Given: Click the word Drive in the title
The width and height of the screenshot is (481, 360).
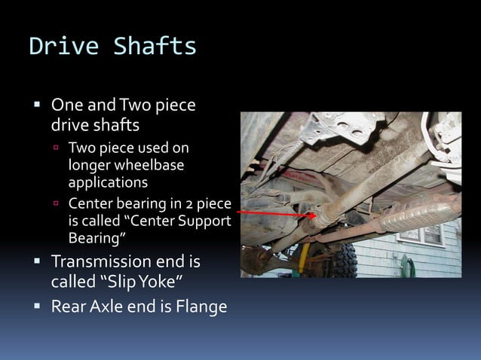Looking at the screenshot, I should [x=64, y=47].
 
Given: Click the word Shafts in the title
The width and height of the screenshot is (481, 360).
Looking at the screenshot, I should [x=155, y=47].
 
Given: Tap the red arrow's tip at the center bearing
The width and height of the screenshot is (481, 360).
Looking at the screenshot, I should [x=311, y=216].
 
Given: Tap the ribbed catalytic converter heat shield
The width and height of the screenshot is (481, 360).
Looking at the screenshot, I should [x=418, y=214].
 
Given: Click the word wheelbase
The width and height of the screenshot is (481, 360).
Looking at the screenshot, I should [x=147, y=165].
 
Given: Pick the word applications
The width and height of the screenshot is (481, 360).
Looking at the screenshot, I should [x=108, y=182].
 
